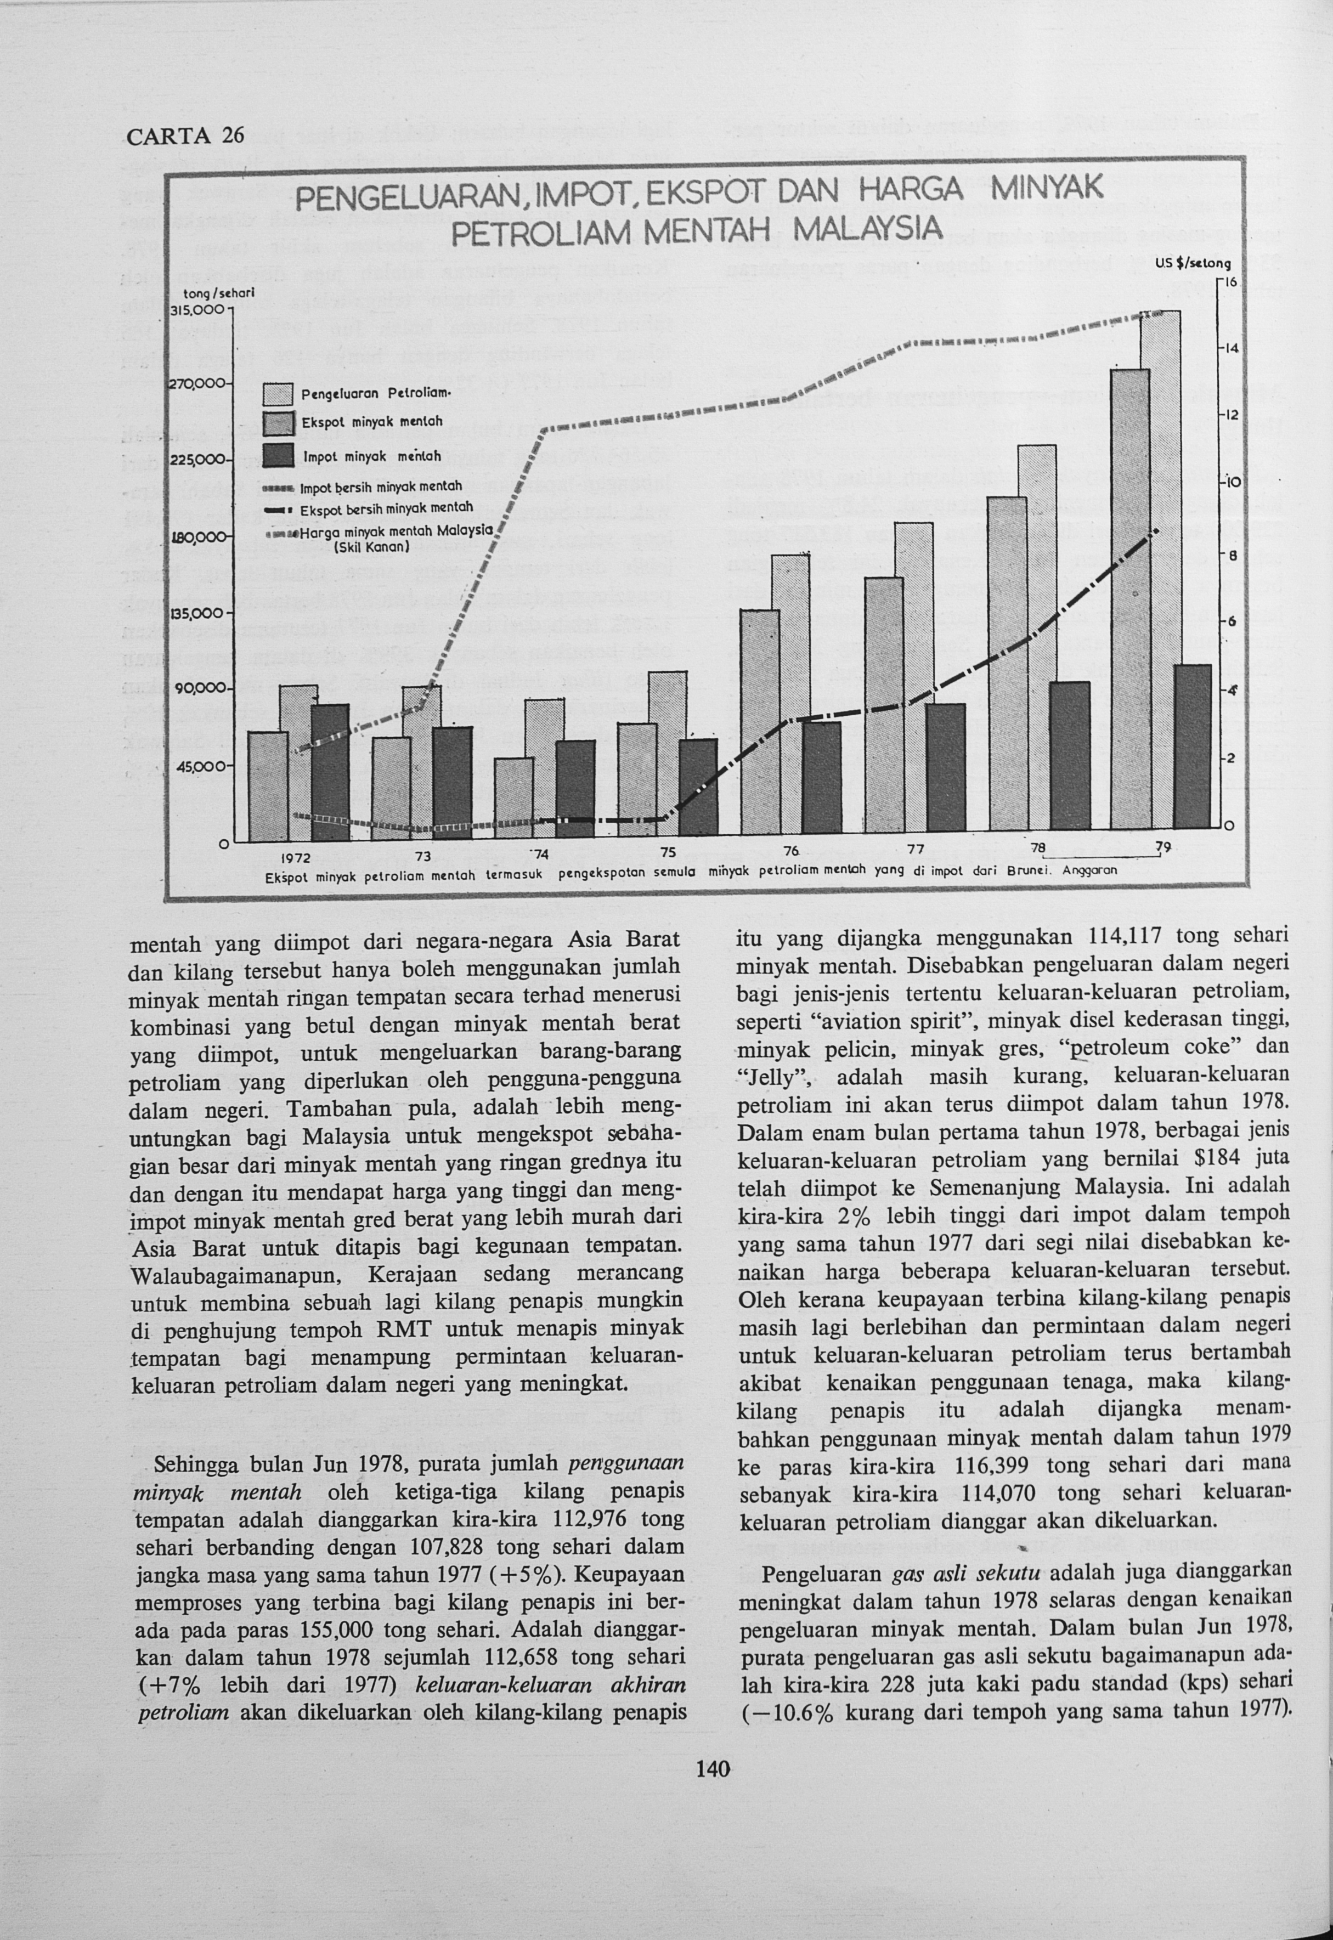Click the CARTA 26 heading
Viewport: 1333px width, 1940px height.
click(x=184, y=135)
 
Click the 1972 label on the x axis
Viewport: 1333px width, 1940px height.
click(x=296, y=858)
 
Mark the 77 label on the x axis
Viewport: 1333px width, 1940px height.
click(x=916, y=850)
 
